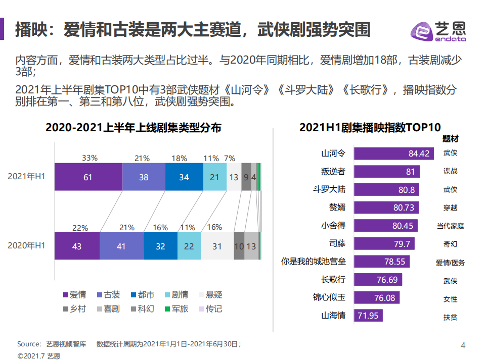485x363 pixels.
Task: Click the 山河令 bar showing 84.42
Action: [x=393, y=153]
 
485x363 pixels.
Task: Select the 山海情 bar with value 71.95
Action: [x=368, y=316]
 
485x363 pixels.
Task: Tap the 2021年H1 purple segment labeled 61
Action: [x=88, y=177]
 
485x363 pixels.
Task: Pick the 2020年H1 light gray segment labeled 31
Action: [x=217, y=246]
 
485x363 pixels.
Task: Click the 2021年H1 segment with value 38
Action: [x=144, y=177]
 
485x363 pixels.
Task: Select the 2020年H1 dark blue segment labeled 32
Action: [x=160, y=246]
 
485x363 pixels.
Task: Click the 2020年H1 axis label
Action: [x=26, y=246]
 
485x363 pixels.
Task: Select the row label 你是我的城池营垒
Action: [x=313, y=262]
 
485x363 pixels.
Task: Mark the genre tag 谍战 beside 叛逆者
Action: [x=450, y=171]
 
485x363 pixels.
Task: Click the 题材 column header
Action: [x=450, y=138]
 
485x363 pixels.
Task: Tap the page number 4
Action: [x=463, y=345]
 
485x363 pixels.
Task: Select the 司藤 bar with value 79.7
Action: [x=384, y=244]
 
